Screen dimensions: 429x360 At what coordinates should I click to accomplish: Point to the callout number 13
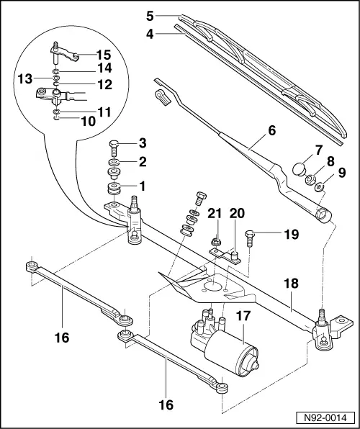pos(26,78)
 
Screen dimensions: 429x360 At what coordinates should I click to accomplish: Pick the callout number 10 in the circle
pos(88,122)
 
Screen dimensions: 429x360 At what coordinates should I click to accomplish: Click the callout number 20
pos(238,213)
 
